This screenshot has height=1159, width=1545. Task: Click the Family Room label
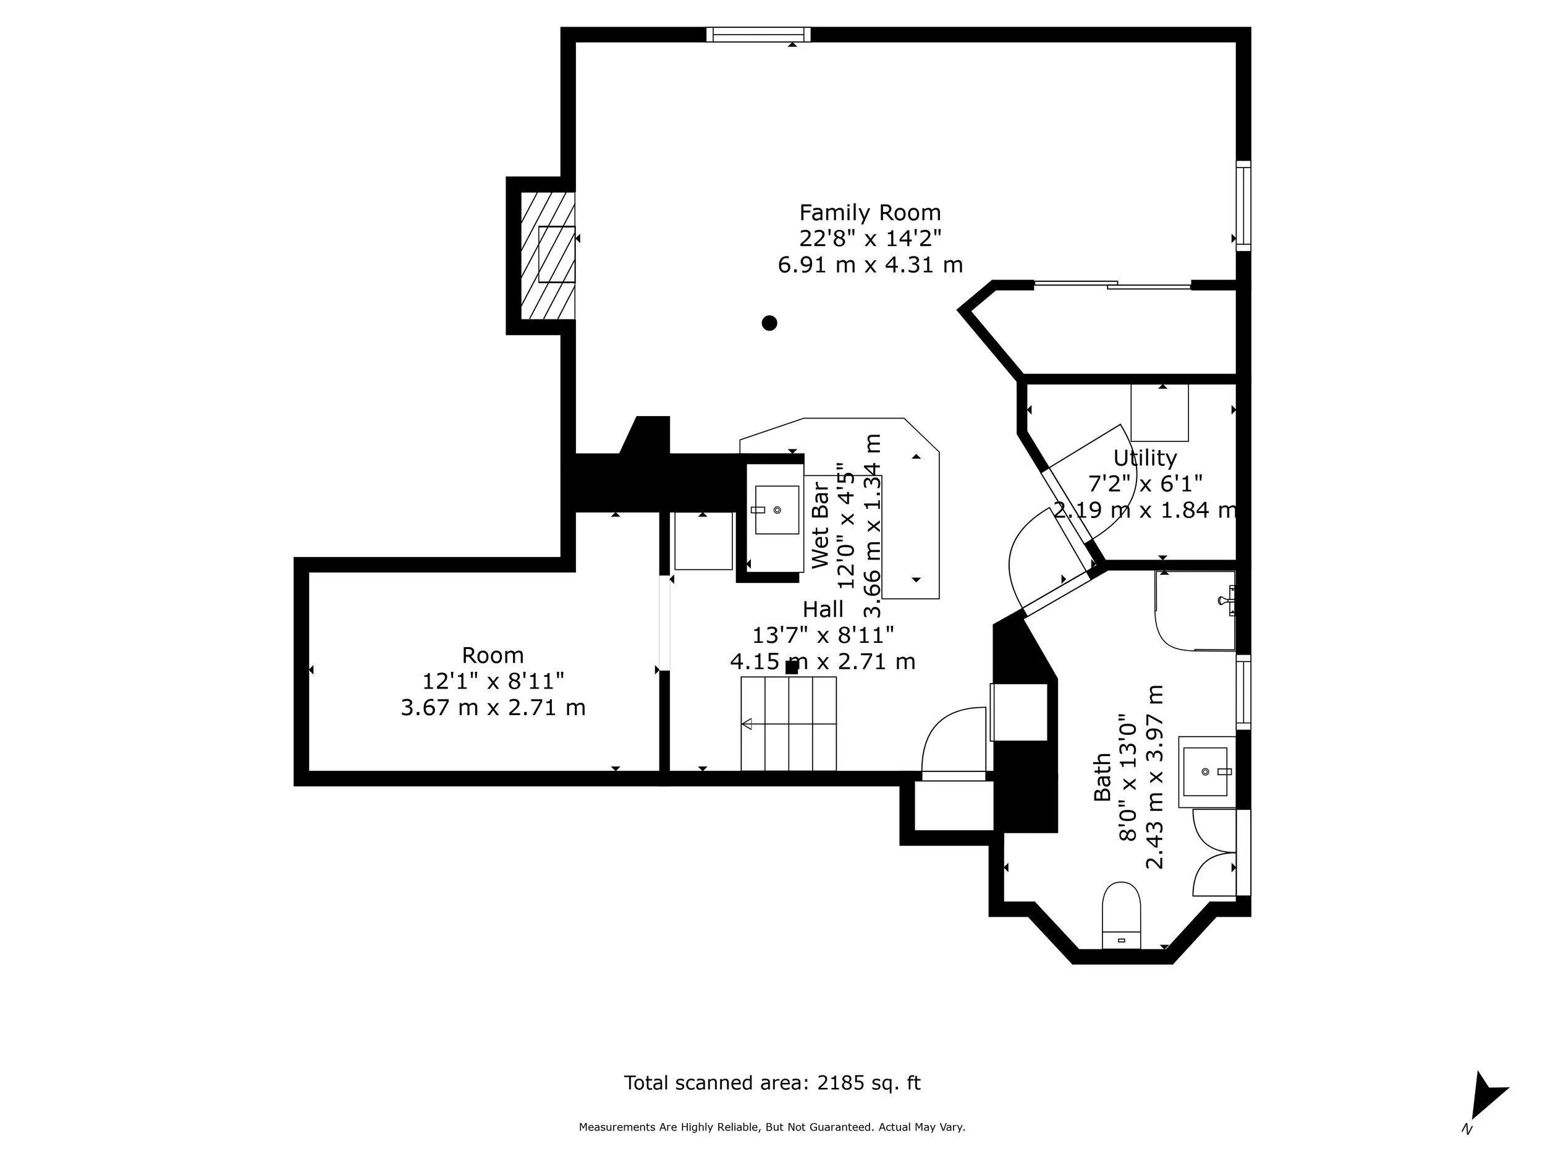pyautogui.click(x=870, y=213)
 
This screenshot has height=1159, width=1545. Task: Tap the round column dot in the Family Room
pyautogui.click(x=769, y=323)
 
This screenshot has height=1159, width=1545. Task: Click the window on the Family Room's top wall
pyautogui.click(x=758, y=34)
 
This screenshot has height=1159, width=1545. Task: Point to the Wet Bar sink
pyautogui.click(x=777, y=510)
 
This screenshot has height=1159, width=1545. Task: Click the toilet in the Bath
pyautogui.click(x=1121, y=916)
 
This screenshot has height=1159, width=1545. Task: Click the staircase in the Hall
pyautogui.click(x=789, y=724)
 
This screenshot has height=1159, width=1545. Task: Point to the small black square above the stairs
pyautogui.click(x=792, y=667)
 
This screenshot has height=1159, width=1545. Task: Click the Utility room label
pyautogui.click(x=1145, y=458)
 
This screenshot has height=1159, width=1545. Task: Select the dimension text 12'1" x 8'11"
pyautogui.click(x=493, y=681)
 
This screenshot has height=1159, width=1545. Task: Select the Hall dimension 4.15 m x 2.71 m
pyautogui.click(x=823, y=661)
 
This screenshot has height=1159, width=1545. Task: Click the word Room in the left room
pyautogui.click(x=493, y=655)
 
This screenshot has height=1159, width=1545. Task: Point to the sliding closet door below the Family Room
pyautogui.click(x=1112, y=284)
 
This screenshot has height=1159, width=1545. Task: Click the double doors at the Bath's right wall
pyautogui.click(x=1216, y=852)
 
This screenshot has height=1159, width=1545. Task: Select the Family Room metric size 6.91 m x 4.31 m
pyautogui.click(x=870, y=265)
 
